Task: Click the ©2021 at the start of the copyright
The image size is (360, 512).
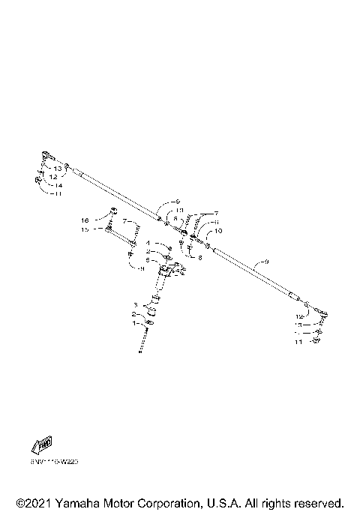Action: pyautogui.click(x=31, y=502)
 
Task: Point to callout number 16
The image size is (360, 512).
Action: pyautogui.click(x=85, y=220)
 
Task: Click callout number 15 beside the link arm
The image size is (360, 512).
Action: pyautogui.click(x=85, y=229)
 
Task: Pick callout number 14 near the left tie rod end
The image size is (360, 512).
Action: pyautogui.click(x=58, y=184)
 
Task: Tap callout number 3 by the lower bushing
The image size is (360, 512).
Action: pyautogui.click(x=135, y=305)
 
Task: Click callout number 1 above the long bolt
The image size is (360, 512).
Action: pyautogui.click(x=135, y=323)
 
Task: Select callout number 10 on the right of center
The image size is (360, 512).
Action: pyautogui.click(x=218, y=232)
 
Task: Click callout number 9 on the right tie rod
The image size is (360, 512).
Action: pyautogui.click(x=262, y=263)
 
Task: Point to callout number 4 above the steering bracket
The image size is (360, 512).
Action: pyautogui.click(x=148, y=244)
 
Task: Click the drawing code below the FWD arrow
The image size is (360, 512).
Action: pyautogui.click(x=54, y=463)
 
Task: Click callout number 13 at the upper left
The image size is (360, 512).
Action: pyautogui.click(x=58, y=169)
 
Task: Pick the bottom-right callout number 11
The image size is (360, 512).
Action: pyautogui.click(x=298, y=341)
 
